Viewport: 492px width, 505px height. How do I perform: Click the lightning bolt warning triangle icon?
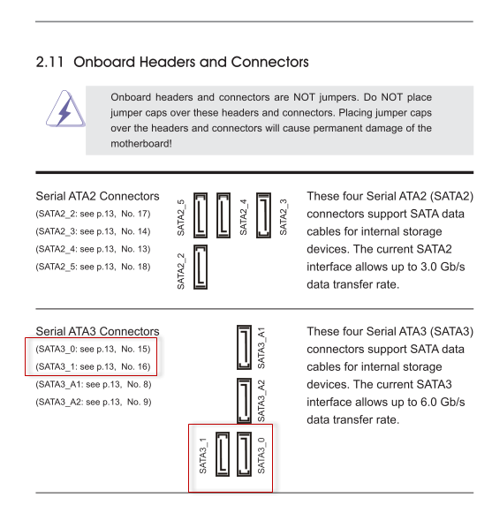pos(65,109)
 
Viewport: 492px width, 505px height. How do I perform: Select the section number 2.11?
pos(49,62)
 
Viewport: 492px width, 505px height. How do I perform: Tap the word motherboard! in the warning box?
pos(141,143)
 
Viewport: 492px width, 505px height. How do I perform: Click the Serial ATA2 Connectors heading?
pos(97,196)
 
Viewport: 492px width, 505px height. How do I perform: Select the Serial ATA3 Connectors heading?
pos(97,331)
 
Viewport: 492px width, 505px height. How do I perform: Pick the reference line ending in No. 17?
pos(93,214)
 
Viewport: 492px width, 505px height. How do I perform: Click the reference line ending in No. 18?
pos(93,267)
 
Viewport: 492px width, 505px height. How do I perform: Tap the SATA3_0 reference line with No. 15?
pos(93,349)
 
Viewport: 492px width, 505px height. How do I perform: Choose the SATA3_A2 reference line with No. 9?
pos(94,402)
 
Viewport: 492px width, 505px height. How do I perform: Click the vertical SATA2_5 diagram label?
pos(181,217)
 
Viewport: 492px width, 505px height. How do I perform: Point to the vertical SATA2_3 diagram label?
pos(283,217)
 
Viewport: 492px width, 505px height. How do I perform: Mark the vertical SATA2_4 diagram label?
pos(244,217)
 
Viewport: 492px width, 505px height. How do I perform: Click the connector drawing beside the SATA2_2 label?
pos(201,267)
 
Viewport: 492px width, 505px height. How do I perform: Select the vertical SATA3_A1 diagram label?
pos(261,348)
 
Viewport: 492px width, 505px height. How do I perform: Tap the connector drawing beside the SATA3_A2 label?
pos(244,400)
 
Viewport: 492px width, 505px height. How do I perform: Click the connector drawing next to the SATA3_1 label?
pos(223,455)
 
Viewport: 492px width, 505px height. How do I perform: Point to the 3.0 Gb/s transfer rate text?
pos(436,267)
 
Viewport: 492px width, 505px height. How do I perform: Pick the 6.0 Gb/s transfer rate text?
pos(436,402)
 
